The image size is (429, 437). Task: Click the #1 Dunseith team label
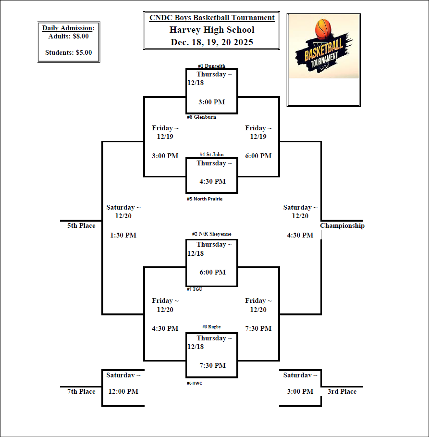[211, 66]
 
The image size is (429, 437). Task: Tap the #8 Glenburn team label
[201, 117]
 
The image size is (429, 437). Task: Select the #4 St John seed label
[211, 154]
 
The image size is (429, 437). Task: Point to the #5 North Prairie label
[205, 199]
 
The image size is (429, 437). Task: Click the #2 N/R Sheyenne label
[211, 234]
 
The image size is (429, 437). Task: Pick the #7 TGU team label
[194, 289]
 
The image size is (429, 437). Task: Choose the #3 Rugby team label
[211, 327]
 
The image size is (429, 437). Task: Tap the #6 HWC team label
[195, 383]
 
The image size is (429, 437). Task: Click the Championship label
[342, 225]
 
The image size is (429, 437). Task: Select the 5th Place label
[81, 225]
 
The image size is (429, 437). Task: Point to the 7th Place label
[81, 391]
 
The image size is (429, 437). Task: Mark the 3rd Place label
[342, 391]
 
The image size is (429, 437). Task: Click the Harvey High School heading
[212, 30]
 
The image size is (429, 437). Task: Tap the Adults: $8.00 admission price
[69, 36]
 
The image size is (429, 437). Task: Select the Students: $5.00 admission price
[69, 53]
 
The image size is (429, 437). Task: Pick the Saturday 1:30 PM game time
[123, 235]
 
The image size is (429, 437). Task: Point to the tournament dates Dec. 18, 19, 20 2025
[212, 42]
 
